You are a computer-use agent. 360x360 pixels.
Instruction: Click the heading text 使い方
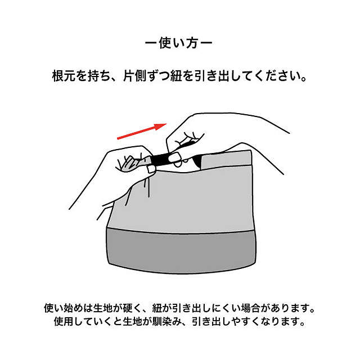pyautogui.click(x=178, y=43)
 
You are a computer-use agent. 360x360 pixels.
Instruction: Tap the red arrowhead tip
pyautogui.click(x=166, y=124)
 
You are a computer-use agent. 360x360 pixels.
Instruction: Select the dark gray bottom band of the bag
pyautogui.click(x=181, y=251)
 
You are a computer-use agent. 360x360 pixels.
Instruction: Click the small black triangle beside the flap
pyautogui.click(x=197, y=160)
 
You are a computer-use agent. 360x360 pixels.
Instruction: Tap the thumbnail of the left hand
pyautogui.click(x=151, y=169)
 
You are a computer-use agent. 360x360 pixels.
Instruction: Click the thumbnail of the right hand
pyautogui.click(x=175, y=157)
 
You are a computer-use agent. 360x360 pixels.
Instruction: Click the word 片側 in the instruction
pyautogui.click(x=135, y=76)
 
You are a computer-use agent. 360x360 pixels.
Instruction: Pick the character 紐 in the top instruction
pyautogui.click(x=176, y=76)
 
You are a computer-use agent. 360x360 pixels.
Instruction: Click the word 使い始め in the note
pyautogui.click(x=64, y=308)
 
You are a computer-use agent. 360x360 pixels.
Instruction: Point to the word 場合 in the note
pyautogui.click(x=250, y=308)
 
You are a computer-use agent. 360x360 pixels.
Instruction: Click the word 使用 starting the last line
pyautogui.click(x=64, y=321)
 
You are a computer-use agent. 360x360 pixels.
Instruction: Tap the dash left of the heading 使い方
pyautogui.click(x=151, y=43)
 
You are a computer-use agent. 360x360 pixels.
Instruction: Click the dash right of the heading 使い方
pyautogui.click(x=206, y=43)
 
